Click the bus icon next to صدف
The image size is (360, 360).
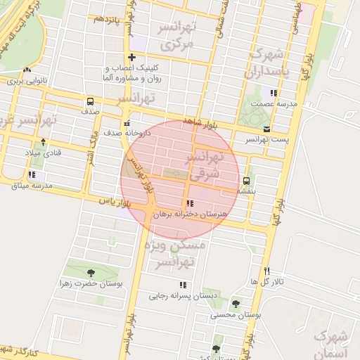pos(89,101)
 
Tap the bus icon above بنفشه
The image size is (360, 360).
pos(245,180)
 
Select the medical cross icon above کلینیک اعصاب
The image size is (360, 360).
pos(131,57)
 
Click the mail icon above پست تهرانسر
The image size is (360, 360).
pos(266,129)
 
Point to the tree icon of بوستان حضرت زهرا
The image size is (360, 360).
pos(90,272)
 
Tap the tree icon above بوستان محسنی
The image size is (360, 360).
pos(235,304)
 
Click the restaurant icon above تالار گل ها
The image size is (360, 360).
pos(266,271)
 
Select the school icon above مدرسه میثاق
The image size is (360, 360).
pos(32,174)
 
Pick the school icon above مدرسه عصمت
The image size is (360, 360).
pos(274,92)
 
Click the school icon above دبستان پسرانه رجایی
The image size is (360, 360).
pos(183,285)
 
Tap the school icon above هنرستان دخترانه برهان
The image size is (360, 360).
pos(191,203)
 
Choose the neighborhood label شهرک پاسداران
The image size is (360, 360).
pos(265,63)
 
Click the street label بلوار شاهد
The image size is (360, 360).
pos(198,124)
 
